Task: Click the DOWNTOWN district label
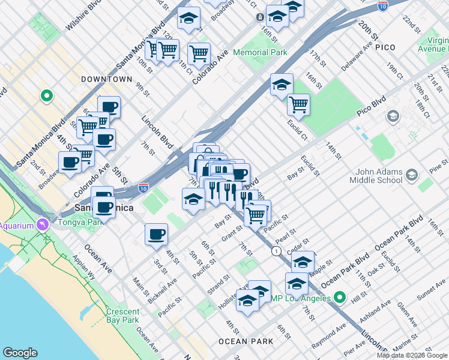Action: pyautogui.click(x=107, y=79)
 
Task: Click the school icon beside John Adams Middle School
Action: pyautogui.click(x=412, y=175)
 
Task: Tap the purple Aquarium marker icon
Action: pyautogui.click(x=42, y=225)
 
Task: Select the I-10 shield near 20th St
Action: pyautogui.click(x=383, y=5)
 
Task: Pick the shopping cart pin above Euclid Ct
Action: pyautogui.click(x=298, y=105)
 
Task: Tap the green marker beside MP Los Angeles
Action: pyautogui.click(x=340, y=298)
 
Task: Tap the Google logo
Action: pyautogui.click(x=20, y=353)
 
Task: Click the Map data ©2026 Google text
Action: pyautogui.click(x=412, y=355)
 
